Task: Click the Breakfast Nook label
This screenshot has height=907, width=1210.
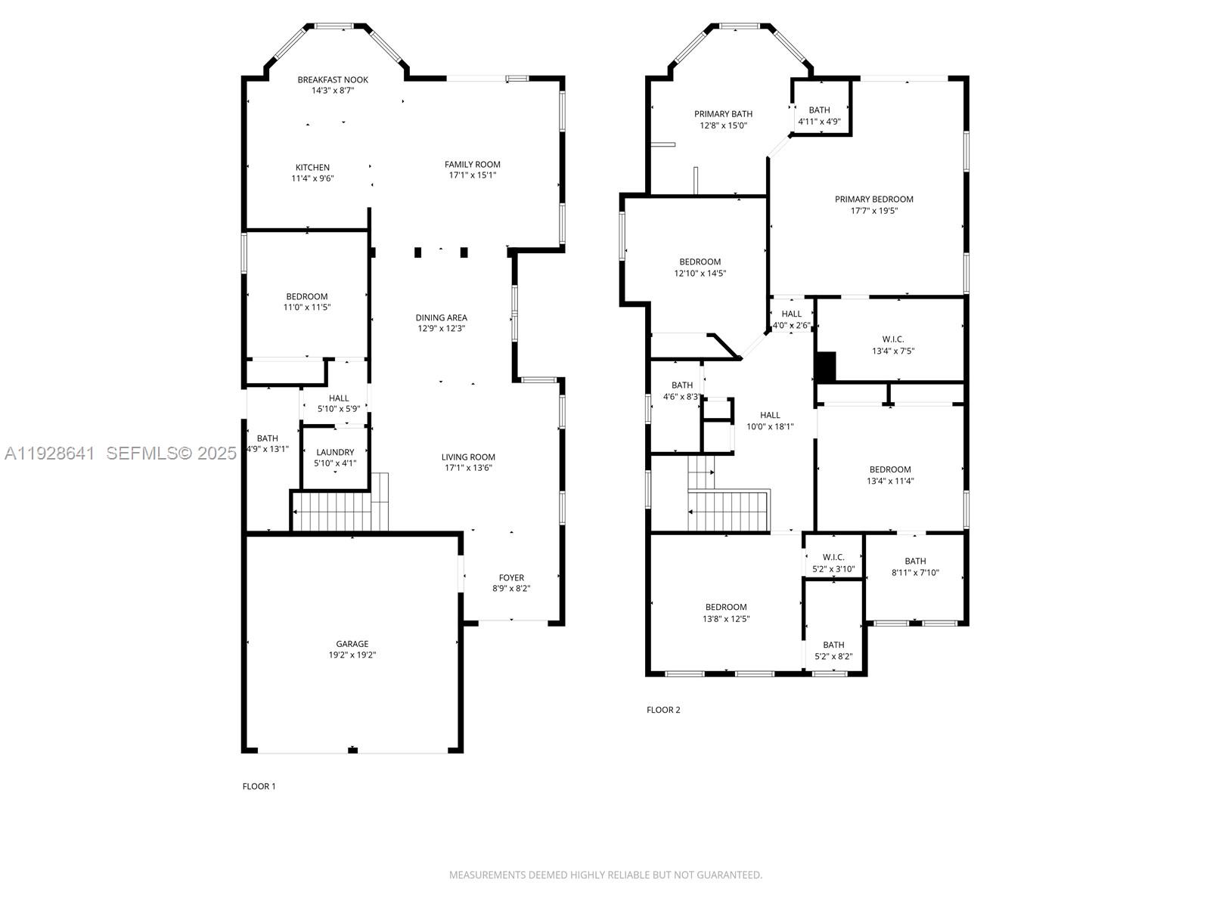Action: tap(333, 79)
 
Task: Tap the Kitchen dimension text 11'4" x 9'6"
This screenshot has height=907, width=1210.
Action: tap(312, 178)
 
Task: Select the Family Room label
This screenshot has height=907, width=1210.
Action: tap(472, 164)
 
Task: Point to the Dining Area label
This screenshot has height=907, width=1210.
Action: tap(441, 317)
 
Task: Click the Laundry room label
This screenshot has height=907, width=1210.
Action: tap(335, 452)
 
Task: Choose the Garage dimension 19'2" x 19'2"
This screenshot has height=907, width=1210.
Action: tap(352, 655)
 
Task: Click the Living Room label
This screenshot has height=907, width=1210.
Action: tap(468, 457)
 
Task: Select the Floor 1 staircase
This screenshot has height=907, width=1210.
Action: tap(333, 510)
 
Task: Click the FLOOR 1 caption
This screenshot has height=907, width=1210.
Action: tap(259, 786)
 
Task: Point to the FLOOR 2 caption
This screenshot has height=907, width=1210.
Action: tap(663, 710)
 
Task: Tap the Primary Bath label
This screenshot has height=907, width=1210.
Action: tap(723, 114)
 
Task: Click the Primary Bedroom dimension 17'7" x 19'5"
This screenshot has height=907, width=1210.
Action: tap(873, 211)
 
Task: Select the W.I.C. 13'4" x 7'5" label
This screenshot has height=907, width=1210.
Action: tap(892, 339)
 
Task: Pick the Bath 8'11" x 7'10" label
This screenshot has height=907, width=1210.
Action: tap(915, 561)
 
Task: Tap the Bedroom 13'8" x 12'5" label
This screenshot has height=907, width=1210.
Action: tap(726, 607)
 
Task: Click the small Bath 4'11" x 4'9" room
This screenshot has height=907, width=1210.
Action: tap(820, 110)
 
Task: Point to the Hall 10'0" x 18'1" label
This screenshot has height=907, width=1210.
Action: tap(770, 415)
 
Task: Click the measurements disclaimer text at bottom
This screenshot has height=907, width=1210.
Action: tap(605, 874)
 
